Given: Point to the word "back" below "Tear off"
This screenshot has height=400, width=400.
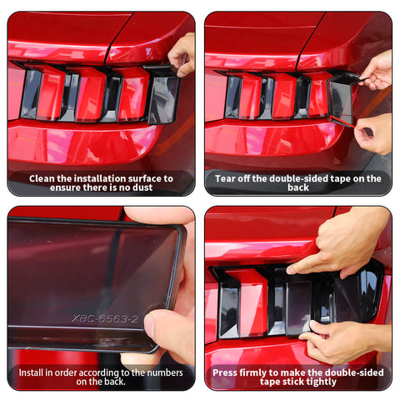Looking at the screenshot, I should click(298, 187).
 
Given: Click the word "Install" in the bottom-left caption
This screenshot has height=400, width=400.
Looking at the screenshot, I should click(35, 372).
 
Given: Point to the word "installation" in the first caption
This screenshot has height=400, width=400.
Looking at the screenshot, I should click(91, 177).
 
